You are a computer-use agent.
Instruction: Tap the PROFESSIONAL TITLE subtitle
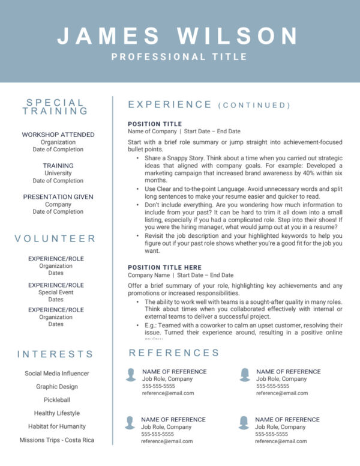pyautogui.click(x=179, y=57)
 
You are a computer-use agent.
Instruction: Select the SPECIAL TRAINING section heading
pyautogui.click(x=55, y=107)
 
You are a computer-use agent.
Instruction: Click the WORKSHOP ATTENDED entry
pyautogui.click(x=58, y=135)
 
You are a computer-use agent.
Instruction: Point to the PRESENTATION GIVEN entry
pyautogui.click(x=58, y=196)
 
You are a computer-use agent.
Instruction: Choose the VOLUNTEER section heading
pyautogui.click(x=55, y=238)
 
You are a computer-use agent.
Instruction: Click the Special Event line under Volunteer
pyautogui.click(x=56, y=292)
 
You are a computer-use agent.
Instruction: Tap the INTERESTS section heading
pyautogui.click(x=55, y=354)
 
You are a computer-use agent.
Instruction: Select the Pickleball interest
pyautogui.click(x=56, y=399)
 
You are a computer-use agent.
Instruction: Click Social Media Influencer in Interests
pyautogui.click(x=56, y=373)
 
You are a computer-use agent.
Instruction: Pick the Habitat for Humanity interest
pyautogui.click(x=56, y=426)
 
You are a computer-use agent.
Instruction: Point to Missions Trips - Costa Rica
pyautogui.click(x=56, y=440)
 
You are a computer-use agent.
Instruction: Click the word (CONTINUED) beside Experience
pyautogui.click(x=254, y=106)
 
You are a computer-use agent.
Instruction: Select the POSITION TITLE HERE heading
pyautogui.click(x=165, y=267)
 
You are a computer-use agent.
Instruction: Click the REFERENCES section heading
pyautogui.click(x=174, y=353)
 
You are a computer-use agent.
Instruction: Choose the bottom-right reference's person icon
pyautogui.click(x=244, y=422)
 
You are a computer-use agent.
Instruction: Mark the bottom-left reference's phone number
pyautogui.click(x=157, y=434)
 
